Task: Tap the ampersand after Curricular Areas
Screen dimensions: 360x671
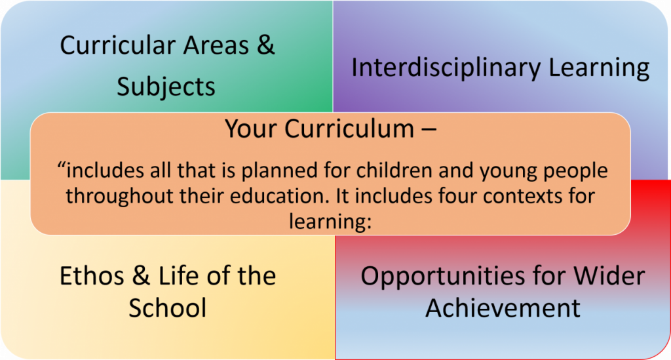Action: coord(265,46)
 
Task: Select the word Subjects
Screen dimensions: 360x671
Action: coord(166,87)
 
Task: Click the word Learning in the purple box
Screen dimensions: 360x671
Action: coord(607,68)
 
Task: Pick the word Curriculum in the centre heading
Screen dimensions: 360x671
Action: coord(351,129)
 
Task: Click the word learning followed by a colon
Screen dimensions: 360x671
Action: coord(330,220)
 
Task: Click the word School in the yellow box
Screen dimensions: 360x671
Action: coord(167,308)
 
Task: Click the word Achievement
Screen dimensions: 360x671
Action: coord(503,308)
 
